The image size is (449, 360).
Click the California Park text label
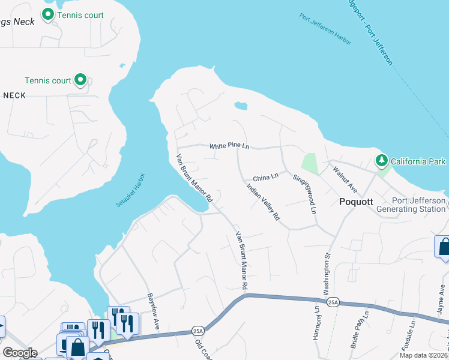point(418,161)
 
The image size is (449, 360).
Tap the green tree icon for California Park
point(381,161)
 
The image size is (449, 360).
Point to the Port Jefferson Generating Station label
point(418,205)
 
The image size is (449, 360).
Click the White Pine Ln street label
point(229,146)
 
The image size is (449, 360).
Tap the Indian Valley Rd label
point(264,202)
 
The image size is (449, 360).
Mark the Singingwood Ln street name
point(304,194)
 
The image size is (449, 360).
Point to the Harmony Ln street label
point(316,324)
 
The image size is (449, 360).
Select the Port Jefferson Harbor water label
point(325,25)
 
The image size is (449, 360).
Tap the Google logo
point(20,353)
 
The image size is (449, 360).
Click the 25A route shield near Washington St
point(334,303)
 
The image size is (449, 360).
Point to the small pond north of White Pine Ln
point(241,107)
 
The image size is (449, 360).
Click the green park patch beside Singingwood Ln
point(309,163)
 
